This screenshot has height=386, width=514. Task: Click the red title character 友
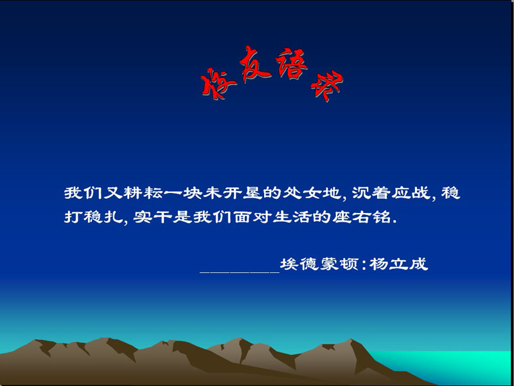pyautogui.click(x=255, y=64)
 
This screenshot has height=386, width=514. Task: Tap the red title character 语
pyautogui.click(x=291, y=63)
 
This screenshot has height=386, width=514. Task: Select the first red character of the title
pyautogui.click(x=218, y=83)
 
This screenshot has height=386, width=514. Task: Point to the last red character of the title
pyautogui.click(x=327, y=86)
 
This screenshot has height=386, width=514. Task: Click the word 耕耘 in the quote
pyautogui.click(x=143, y=193)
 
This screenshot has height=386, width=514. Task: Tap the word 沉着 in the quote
pyautogui.click(x=371, y=193)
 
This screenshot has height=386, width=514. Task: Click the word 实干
pyautogui.click(x=153, y=217)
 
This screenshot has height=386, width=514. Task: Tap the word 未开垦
pyautogui.click(x=233, y=193)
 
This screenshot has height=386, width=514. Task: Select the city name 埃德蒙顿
pyautogui.click(x=319, y=264)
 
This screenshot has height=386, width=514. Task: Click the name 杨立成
pyautogui.click(x=398, y=264)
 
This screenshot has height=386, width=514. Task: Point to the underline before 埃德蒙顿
pyautogui.click(x=240, y=272)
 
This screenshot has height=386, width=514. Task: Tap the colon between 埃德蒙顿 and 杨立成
pyautogui.click(x=363, y=265)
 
